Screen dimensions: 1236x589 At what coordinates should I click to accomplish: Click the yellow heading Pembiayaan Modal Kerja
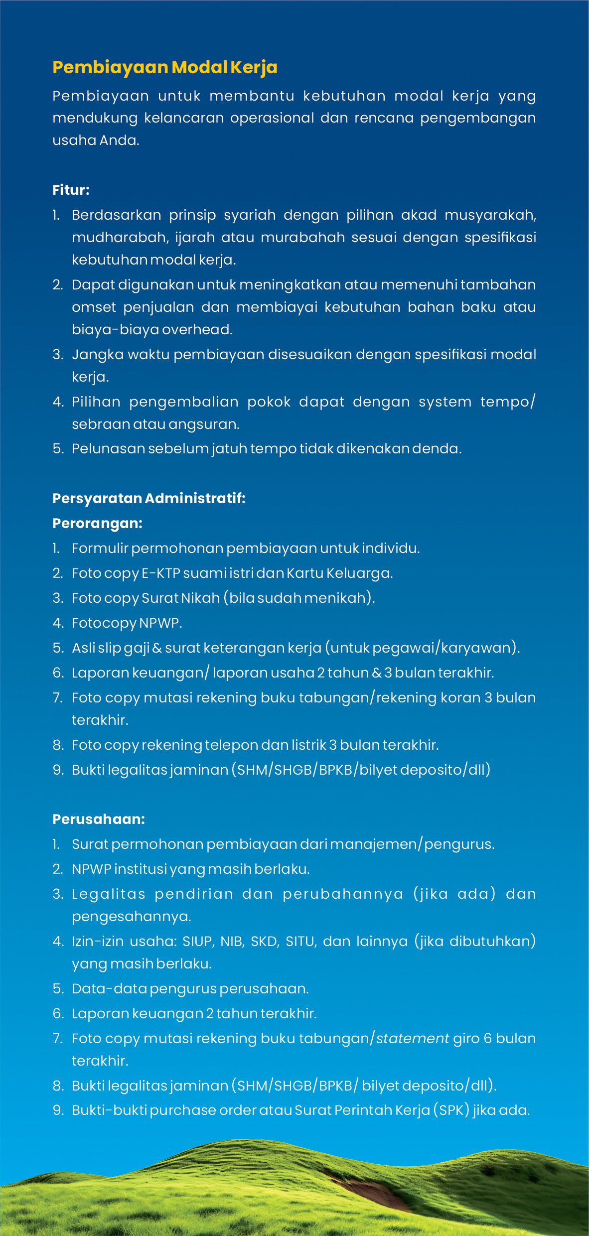point(164,67)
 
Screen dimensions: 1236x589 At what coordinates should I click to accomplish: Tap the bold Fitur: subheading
point(71,190)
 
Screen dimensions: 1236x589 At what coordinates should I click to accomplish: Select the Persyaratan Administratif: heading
point(148,498)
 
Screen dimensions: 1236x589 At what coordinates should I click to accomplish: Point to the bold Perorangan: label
point(97,523)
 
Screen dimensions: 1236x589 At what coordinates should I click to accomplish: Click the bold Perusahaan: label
point(99,819)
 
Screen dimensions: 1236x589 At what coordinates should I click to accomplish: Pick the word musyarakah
point(489,215)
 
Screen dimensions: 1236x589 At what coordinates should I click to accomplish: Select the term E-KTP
point(160,573)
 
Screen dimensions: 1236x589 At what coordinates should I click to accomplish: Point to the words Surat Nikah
point(180,598)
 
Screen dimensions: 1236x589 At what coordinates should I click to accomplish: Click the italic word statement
point(413,1038)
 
